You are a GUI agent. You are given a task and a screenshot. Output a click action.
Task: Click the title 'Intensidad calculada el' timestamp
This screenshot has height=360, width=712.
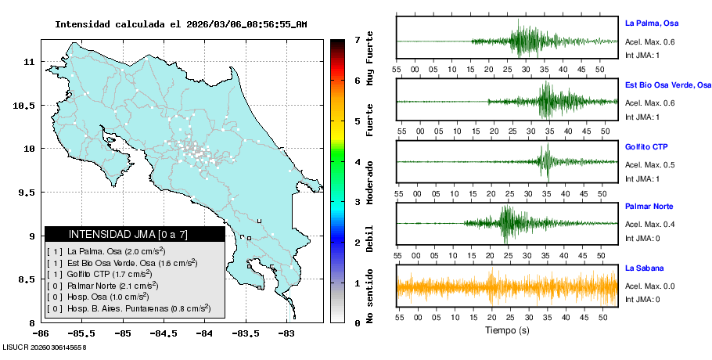click(181, 24)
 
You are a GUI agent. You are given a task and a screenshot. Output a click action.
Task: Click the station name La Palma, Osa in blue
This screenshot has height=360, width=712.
click(655, 23)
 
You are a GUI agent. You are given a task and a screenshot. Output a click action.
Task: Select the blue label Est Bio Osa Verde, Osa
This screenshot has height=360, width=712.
click(667, 85)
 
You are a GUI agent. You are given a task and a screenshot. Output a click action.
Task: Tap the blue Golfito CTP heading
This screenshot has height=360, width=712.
click(645, 147)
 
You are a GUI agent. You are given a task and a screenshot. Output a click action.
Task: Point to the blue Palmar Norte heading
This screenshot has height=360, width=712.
click(649, 207)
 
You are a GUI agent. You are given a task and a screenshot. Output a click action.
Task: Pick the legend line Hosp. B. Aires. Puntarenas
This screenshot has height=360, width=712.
click(128, 309)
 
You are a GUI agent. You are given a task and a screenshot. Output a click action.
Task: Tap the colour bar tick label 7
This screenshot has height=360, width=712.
click(357, 39)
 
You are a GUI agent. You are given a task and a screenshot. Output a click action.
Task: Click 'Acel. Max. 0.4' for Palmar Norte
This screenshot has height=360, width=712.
click(649, 225)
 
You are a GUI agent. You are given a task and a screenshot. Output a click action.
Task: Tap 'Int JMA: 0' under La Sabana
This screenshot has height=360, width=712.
click(642, 300)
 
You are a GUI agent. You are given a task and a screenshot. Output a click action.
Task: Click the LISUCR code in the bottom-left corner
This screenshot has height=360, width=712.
click(44, 347)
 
